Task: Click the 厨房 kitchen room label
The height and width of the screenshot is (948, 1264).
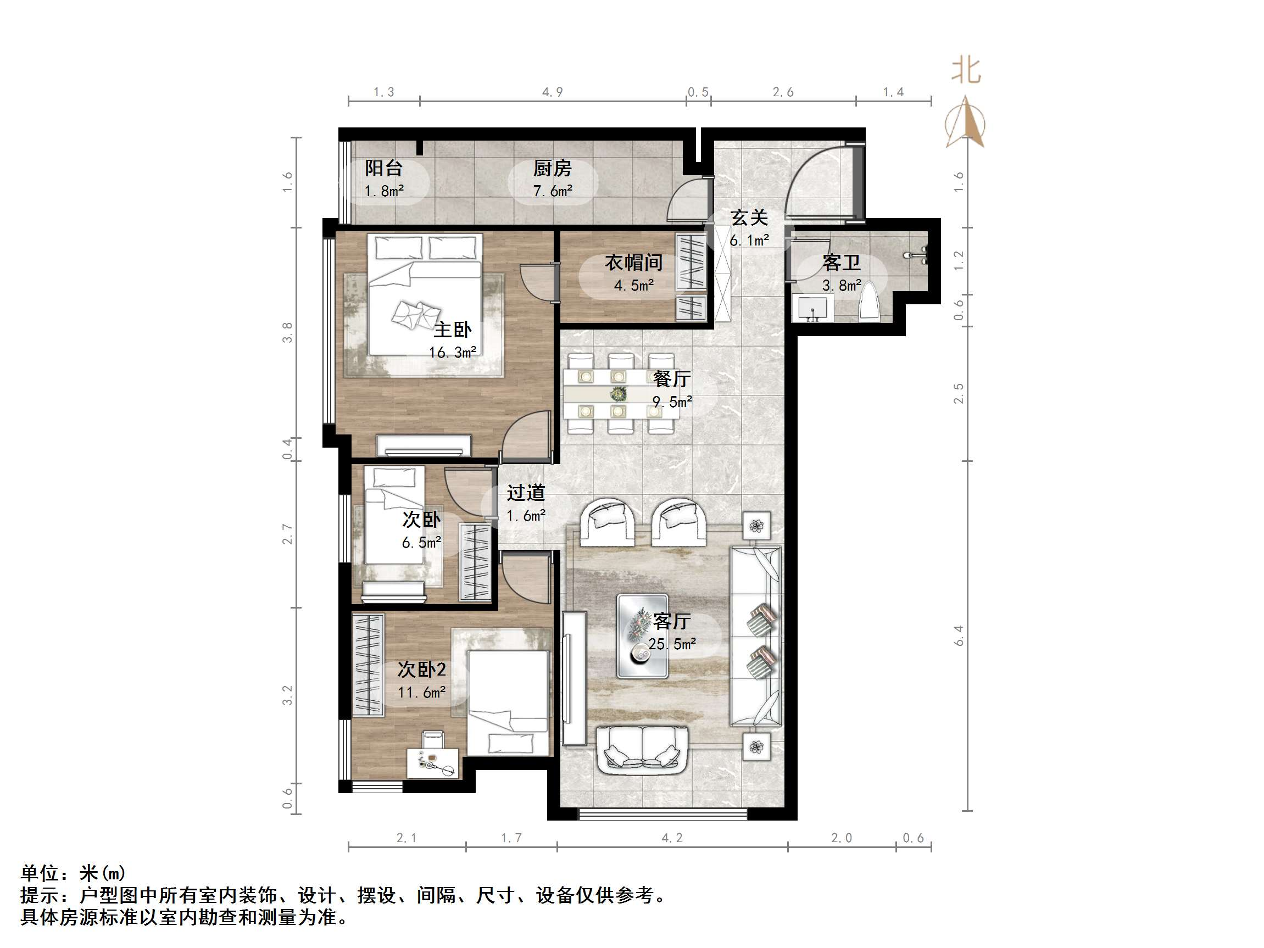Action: (x=552, y=169)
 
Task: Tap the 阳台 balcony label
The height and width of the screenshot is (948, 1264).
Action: (x=383, y=169)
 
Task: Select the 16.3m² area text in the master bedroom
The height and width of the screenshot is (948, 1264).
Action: (x=453, y=353)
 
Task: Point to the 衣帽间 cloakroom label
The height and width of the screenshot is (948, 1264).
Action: (x=634, y=263)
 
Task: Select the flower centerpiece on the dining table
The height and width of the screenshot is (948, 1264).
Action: (x=617, y=394)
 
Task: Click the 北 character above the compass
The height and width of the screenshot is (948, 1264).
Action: (x=966, y=71)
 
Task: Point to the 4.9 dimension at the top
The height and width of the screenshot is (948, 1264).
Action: (x=553, y=92)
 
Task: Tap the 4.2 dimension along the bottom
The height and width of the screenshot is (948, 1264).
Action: (x=672, y=838)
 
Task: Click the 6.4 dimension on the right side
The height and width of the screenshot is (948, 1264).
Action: (x=959, y=636)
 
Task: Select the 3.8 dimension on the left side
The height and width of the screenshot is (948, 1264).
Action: (x=287, y=333)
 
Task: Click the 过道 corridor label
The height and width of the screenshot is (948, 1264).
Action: (x=526, y=493)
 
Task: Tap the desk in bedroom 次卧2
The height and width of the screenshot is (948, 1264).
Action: (x=432, y=763)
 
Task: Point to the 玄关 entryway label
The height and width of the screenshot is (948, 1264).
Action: (x=749, y=218)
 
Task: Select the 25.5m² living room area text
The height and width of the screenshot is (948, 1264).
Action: (x=672, y=645)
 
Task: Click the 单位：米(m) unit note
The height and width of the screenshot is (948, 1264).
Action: (x=73, y=873)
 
